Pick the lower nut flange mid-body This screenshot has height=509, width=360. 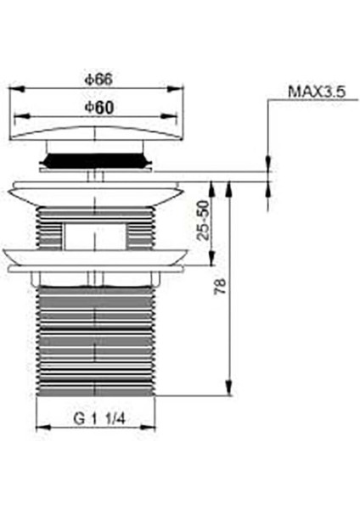(96, 258)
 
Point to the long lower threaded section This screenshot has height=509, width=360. (96, 339)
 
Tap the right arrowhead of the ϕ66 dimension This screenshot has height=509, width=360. (180, 87)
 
